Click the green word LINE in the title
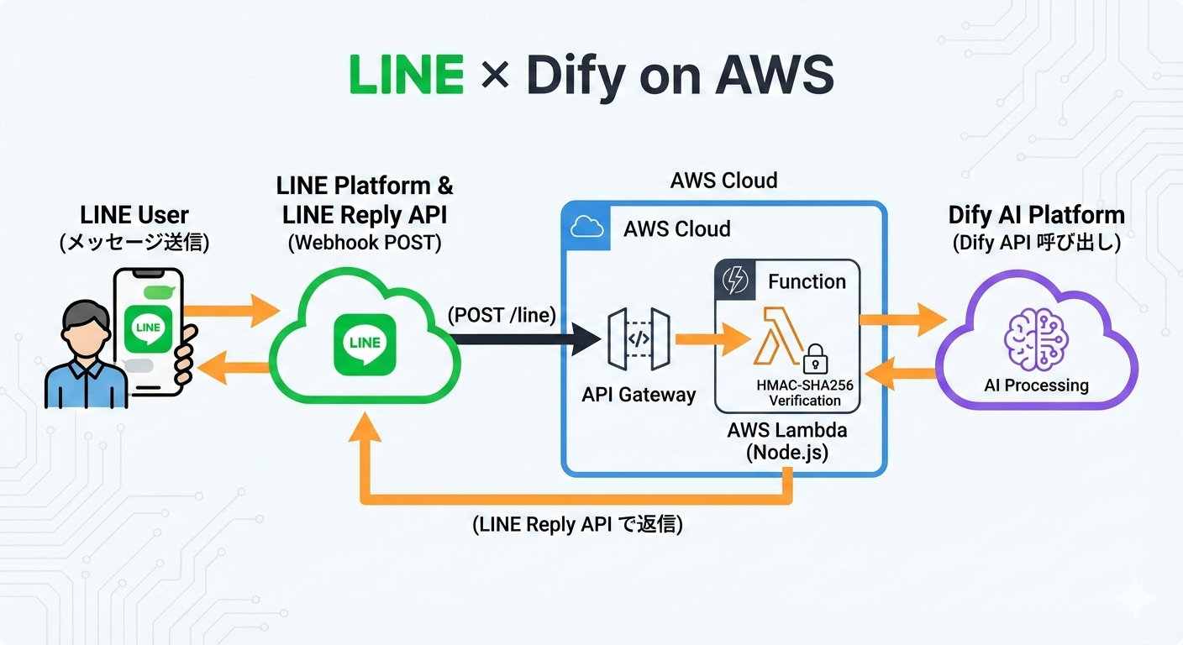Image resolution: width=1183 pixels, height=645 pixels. point(406,76)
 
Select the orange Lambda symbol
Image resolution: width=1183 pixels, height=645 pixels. point(775,335)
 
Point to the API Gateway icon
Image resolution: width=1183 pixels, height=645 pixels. point(638,339)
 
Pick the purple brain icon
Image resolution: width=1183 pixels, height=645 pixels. point(1036,339)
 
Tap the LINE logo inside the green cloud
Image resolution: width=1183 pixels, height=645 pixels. point(364,343)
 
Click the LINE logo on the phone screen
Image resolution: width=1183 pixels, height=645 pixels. point(148,328)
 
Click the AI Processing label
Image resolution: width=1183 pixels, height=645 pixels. point(1036,385)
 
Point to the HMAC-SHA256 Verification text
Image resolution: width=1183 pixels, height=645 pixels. point(805,392)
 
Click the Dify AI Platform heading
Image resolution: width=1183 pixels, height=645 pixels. point(1036,215)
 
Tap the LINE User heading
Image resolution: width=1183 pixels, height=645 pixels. point(134,215)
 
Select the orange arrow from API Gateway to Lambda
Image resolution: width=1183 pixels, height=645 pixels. point(711,339)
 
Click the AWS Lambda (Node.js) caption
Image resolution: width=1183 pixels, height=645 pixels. point(787,442)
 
